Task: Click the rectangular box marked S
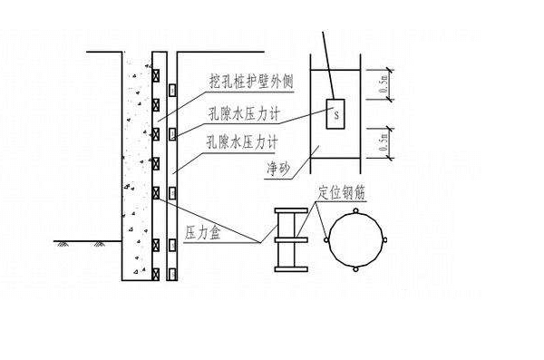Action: (335, 115)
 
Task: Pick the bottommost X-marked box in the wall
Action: (155, 272)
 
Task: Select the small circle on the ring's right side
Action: (387, 241)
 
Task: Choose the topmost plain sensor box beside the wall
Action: (170, 89)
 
